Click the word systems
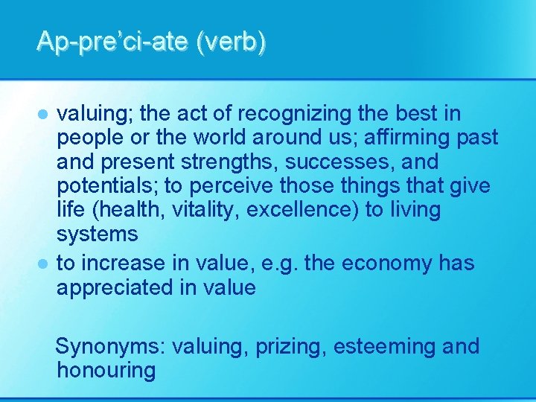coord(97,234)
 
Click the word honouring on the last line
coord(106,371)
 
